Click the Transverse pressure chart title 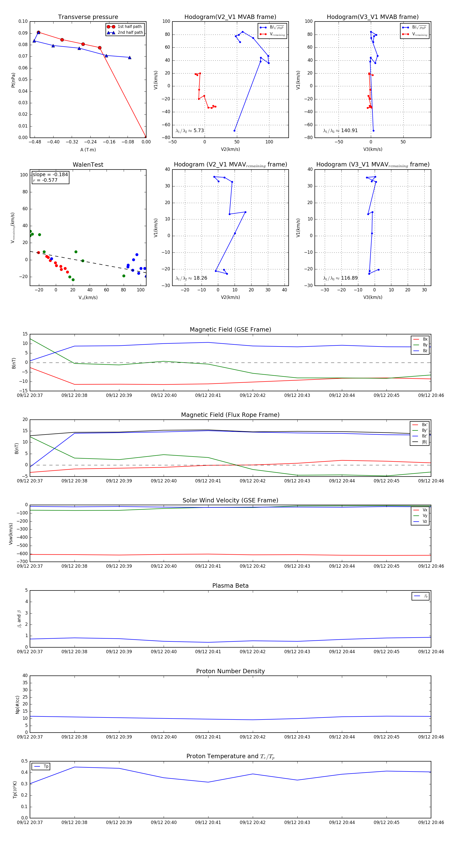88,17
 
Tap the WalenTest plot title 88,165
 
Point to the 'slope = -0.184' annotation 50,175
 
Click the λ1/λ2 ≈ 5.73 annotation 190,131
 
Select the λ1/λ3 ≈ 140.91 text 340,131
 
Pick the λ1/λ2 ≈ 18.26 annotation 191,278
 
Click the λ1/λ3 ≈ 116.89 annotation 340,278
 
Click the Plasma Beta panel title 230,586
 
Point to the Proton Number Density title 230,671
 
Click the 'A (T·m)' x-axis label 88,150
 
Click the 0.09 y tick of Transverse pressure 23,33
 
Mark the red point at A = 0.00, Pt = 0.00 146,137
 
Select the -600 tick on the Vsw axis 23,554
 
